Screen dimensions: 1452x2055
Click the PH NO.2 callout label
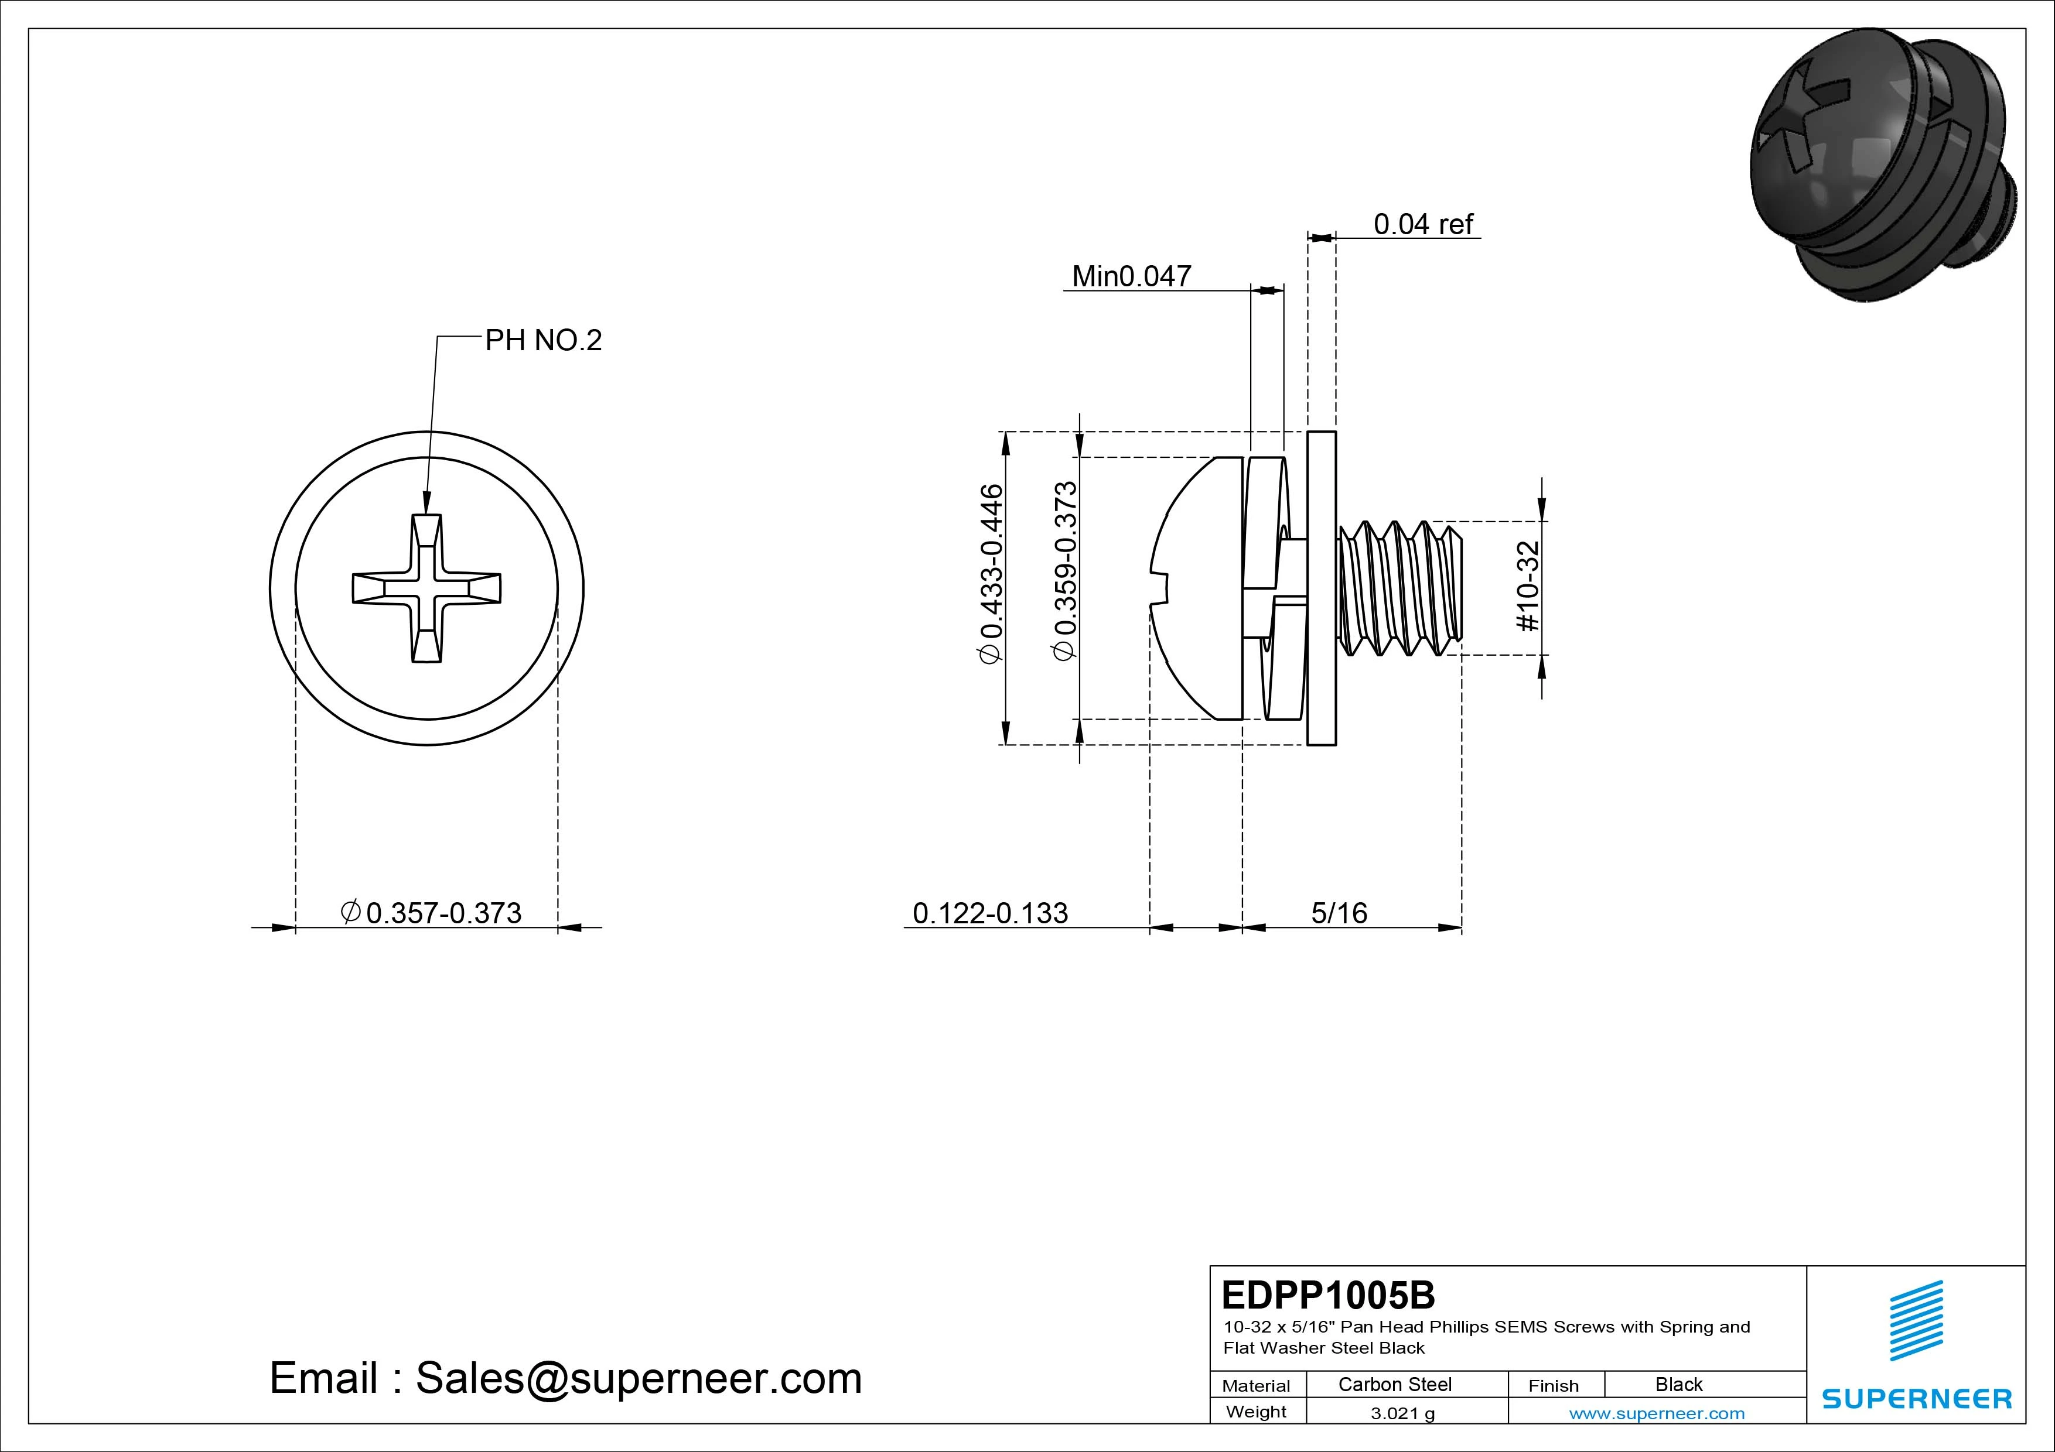tap(542, 340)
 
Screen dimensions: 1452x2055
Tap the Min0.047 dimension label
tap(1131, 276)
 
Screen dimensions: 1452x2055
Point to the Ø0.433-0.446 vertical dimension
tap(992, 573)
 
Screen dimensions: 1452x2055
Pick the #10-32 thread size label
tap(1529, 586)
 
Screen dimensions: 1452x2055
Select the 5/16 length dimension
tap(1339, 913)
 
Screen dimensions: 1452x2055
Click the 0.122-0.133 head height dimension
tap(990, 913)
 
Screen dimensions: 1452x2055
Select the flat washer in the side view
tap(1321, 588)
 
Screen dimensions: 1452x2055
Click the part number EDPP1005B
tap(1328, 1295)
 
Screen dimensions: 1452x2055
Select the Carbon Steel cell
tap(1394, 1384)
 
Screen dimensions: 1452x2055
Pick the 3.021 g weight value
tap(1402, 1413)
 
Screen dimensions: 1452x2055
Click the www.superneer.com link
tap(1657, 1413)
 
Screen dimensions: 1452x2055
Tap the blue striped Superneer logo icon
tap(1916, 1320)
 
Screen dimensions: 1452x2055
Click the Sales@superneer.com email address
tap(638, 1378)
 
